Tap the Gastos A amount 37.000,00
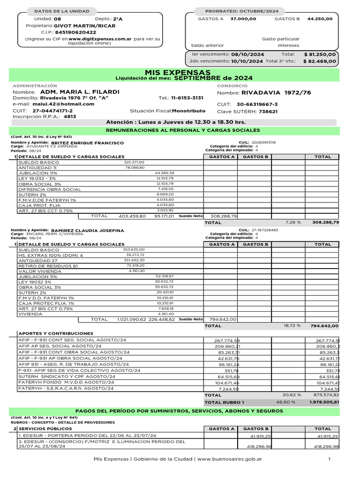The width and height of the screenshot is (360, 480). pos(243,19)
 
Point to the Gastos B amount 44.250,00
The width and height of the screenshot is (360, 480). pos(320,19)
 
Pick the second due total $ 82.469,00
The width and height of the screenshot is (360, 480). pos(320,61)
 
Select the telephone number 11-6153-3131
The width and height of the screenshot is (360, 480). pos(187,98)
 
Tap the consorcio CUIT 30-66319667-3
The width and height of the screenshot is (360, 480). pos(257,105)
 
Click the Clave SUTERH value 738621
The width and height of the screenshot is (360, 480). pos(268,112)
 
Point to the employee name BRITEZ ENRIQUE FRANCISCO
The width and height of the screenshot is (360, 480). pos(87,142)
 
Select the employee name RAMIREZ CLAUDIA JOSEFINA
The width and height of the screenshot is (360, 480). pos(87,231)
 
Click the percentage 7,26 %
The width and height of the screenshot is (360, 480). pos(293,222)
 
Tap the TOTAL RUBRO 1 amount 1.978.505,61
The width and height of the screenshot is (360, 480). pos(324,402)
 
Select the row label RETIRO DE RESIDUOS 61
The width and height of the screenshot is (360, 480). pos(46,266)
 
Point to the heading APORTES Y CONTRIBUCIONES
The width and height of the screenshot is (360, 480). pos(56,333)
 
